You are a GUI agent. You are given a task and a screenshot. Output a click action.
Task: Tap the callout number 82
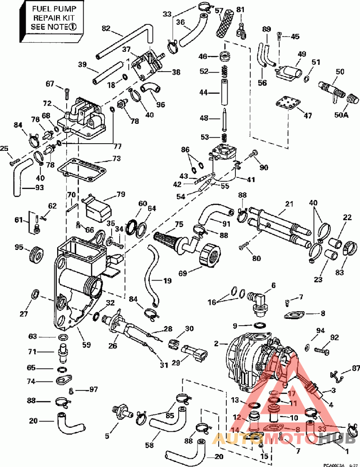[106, 28]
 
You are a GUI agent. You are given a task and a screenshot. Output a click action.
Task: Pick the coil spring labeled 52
[222, 71]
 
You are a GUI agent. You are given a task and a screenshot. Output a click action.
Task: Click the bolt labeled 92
[321, 349]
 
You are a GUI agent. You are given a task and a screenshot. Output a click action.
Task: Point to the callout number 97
[93, 389]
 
